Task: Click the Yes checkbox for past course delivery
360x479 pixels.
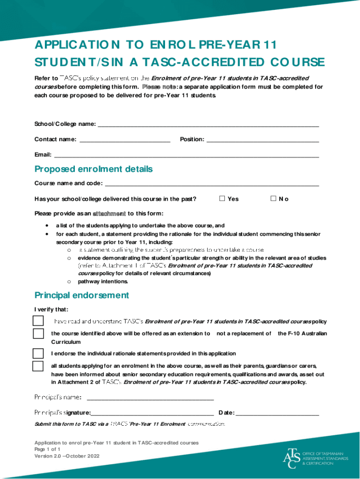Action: [223, 198]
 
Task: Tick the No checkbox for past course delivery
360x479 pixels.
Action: [274, 198]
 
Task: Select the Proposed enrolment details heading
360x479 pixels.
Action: [94, 169]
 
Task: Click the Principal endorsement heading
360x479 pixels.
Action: [82, 295]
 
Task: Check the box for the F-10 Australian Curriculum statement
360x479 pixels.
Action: [38, 334]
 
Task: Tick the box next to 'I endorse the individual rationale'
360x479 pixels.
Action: [38, 353]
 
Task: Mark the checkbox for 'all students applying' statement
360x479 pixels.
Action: [38, 366]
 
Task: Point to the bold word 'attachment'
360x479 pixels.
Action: [109, 214]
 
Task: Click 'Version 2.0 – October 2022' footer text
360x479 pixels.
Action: [67, 456]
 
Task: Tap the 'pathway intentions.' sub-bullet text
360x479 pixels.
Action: [102, 282]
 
